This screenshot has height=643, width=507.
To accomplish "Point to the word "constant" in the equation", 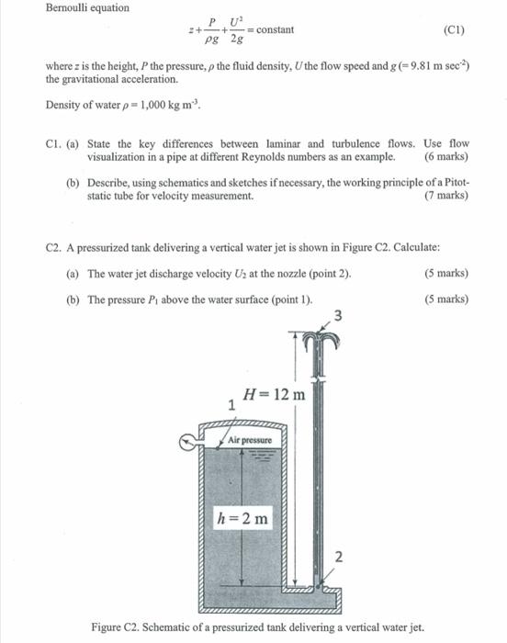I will pyautogui.click(x=276, y=30).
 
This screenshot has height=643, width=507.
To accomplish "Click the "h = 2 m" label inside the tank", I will pyautogui.click(x=243, y=518).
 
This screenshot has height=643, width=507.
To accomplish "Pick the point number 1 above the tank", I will pyautogui.click(x=232, y=403).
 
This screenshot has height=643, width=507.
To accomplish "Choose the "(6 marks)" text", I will pyautogui.click(x=444, y=157).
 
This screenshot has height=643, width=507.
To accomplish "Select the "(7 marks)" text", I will pyautogui.click(x=444, y=196).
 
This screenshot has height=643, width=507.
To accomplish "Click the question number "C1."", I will pyautogui.click(x=53, y=144).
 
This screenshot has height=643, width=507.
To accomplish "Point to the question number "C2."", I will pyautogui.click(x=53, y=247).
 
